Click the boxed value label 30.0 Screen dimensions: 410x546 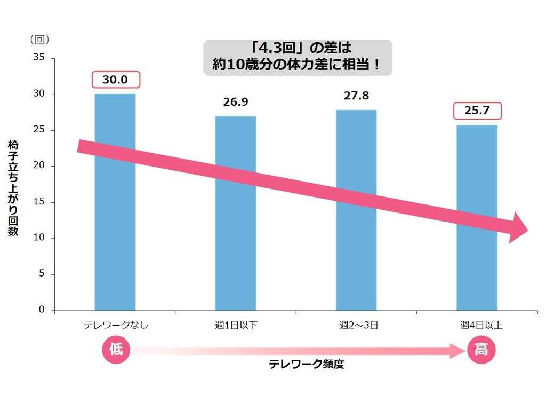(x=116, y=80)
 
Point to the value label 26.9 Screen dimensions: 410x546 (x=236, y=102)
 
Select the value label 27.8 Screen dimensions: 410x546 (x=356, y=96)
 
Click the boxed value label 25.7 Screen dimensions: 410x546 (x=477, y=111)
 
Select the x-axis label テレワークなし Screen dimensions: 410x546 (x=115, y=325)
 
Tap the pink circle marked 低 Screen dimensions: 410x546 (x=116, y=350)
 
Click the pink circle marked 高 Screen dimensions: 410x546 (x=481, y=350)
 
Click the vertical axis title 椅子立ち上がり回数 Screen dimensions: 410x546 (x=13, y=188)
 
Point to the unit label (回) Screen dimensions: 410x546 (x=40, y=38)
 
